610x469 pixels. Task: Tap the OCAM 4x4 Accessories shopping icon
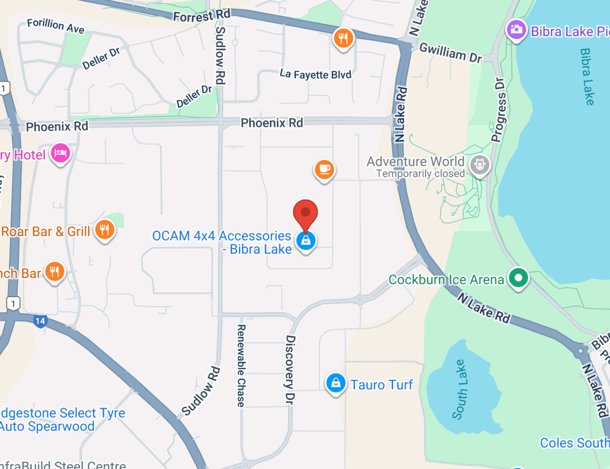tap(306, 240)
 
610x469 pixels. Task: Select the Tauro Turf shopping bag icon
tap(335, 383)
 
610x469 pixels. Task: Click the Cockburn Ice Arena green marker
tap(518, 278)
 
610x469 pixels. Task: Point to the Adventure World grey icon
tap(480, 165)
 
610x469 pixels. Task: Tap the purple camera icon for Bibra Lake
tap(516, 29)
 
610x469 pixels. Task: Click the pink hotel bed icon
tap(60, 153)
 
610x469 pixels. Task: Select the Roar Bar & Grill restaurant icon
tap(105, 230)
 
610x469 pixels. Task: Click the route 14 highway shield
tap(40, 321)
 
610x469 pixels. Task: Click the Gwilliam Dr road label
tap(451, 53)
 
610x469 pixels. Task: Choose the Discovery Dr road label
tap(290, 370)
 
